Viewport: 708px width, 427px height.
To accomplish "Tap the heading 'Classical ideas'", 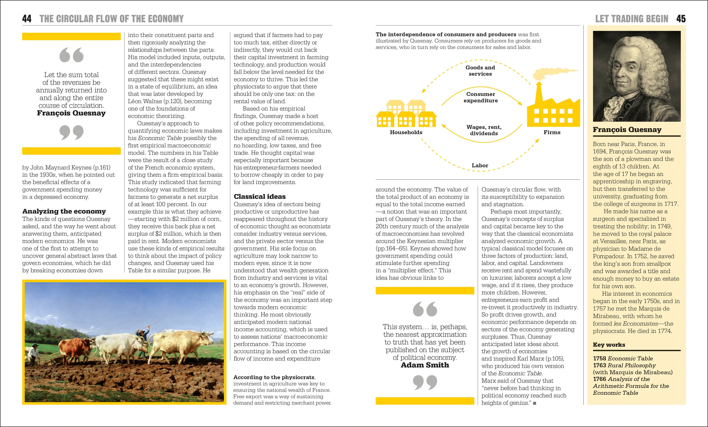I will point(259,197).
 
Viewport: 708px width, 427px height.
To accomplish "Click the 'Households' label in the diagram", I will point(406,132).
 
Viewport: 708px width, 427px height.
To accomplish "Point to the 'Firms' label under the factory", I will point(552,132).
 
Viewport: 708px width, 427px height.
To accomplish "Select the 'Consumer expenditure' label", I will point(480,97).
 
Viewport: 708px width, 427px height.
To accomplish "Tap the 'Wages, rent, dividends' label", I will point(484,130).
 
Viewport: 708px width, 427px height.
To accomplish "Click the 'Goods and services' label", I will point(480,71).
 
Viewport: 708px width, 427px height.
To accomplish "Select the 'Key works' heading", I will point(609,345).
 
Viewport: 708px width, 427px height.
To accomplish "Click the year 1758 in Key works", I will point(599,358).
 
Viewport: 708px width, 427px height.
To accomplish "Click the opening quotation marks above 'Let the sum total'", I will point(71,55).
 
